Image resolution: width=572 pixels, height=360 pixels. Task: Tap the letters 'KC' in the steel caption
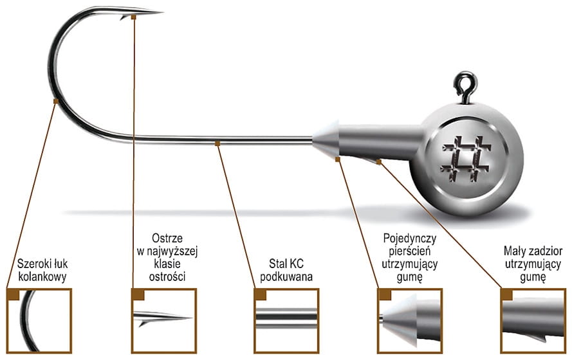pos(297,264)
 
